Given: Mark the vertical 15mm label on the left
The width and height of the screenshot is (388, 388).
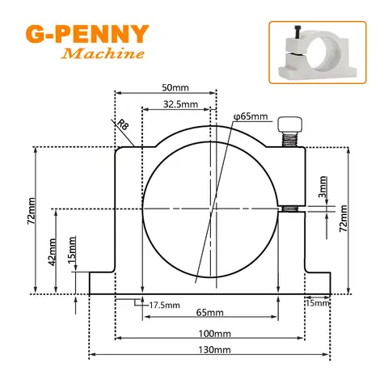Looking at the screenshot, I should tap(72, 250).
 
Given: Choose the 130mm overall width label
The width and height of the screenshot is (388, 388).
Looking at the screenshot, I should tap(214, 350).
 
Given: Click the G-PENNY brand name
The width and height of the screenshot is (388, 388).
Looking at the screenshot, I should tap(87, 35).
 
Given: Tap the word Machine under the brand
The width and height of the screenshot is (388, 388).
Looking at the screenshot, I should tap(104, 54).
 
